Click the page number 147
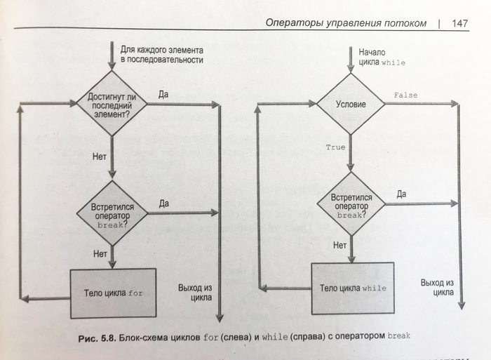tap(460, 23)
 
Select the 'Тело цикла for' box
tap(112, 293)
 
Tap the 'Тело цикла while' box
tap(353, 288)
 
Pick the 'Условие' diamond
tap(351, 105)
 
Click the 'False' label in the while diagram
tap(405, 95)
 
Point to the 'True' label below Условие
tap(336, 147)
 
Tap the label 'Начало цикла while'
tap(382, 57)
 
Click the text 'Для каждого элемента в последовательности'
tap(162, 55)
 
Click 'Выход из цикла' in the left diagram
tap(196, 291)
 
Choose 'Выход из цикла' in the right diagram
tap(436, 287)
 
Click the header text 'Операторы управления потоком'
tap(346, 23)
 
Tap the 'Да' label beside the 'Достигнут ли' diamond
tap(163, 94)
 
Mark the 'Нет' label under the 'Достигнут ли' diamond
tap(100, 156)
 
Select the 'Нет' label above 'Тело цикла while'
tap(340, 246)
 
